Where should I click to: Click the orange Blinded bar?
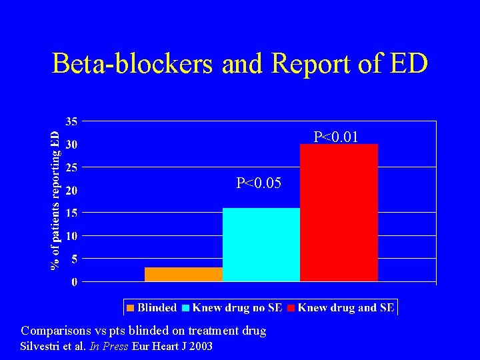pyautogui.click(x=183, y=274)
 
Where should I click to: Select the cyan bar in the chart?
pyautogui.click(x=261, y=245)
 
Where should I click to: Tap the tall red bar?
pyautogui.click(x=339, y=212)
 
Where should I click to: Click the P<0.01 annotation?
pyautogui.click(x=336, y=137)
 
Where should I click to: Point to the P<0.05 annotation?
pyautogui.click(x=259, y=183)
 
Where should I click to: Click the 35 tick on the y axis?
pyautogui.click(x=71, y=121)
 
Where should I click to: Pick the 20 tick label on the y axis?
pyautogui.click(x=71, y=191)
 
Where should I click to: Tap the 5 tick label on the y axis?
pyautogui.click(x=73, y=259)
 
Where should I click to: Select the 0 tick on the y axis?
pyautogui.click(x=73, y=283)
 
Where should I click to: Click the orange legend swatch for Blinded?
pyautogui.click(x=131, y=308)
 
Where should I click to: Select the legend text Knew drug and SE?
pyautogui.click(x=346, y=308)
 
